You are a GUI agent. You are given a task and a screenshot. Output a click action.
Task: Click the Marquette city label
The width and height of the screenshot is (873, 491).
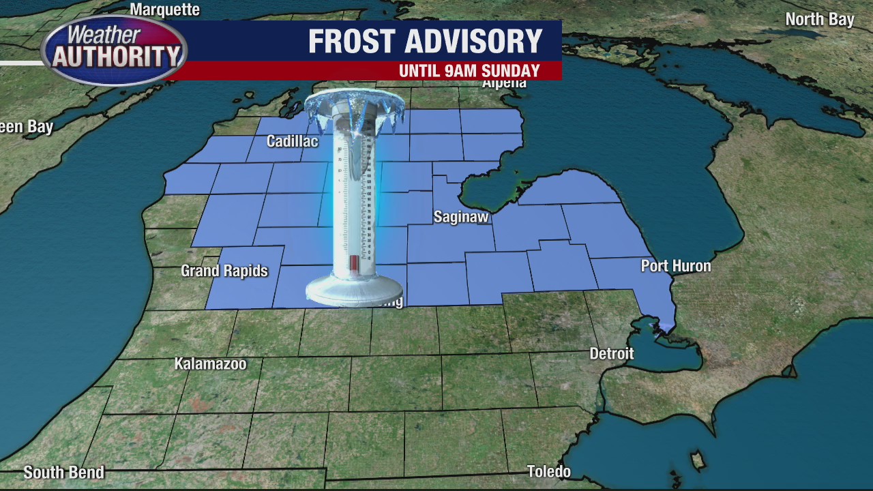[164, 10]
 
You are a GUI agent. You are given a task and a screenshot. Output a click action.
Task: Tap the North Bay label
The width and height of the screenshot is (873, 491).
[819, 19]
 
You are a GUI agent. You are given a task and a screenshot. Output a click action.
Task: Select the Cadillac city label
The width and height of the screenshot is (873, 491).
[292, 141]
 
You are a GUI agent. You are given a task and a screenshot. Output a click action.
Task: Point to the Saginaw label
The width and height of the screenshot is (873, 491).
[461, 217]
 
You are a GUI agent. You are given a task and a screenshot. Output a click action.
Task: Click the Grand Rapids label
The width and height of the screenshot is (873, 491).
[224, 271]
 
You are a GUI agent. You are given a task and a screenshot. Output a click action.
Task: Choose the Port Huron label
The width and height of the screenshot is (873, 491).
[675, 266]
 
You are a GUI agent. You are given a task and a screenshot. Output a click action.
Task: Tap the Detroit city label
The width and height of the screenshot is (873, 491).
[611, 353]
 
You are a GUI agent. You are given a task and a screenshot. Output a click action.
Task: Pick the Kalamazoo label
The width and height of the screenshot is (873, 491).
[210, 363]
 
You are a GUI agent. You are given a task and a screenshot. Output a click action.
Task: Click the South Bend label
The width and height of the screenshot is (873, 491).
[63, 472]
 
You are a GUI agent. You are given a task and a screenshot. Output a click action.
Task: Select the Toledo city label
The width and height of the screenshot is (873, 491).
[548, 471]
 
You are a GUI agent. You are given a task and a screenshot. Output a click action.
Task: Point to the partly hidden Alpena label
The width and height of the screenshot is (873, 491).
[504, 84]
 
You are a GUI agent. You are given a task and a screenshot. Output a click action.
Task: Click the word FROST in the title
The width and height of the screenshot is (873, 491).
[351, 42]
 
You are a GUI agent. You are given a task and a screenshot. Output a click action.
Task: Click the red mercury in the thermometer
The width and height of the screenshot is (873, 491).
[354, 263]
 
